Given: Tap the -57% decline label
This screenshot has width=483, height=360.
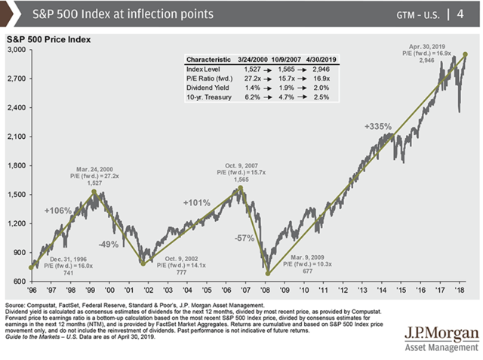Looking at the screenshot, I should pyautogui.click(x=245, y=238).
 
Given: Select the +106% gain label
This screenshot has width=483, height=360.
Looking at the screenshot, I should pyautogui.click(x=57, y=209).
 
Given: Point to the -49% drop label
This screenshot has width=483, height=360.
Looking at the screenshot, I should pyautogui.click(x=111, y=244).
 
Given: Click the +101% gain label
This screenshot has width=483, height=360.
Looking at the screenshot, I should pyautogui.click(x=196, y=203).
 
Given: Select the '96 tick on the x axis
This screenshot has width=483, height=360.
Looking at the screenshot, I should pyautogui.click(x=32, y=289).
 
